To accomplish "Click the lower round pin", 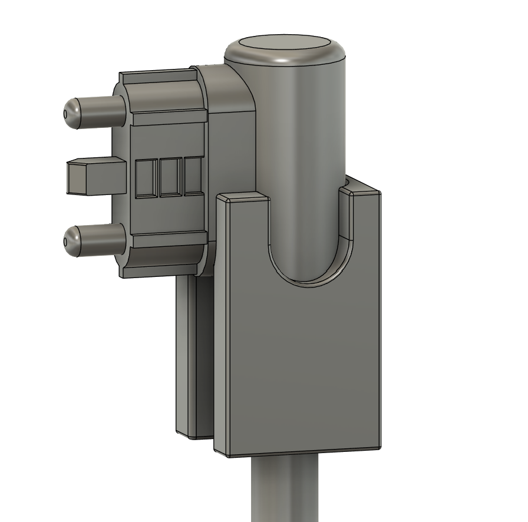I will [97, 240].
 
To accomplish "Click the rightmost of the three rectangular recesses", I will [193, 176].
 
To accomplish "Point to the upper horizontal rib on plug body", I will [168, 118].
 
